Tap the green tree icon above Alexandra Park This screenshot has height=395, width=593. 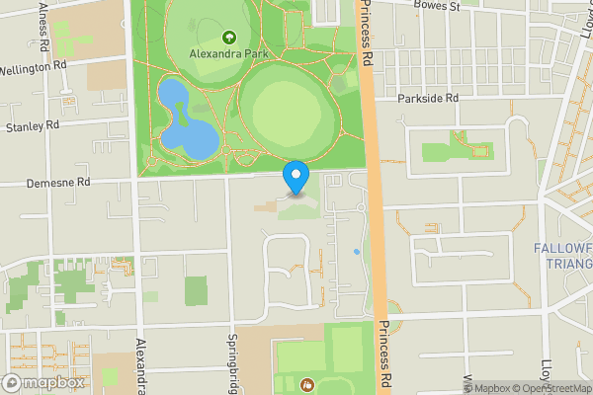pyautogui.click(x=228, y=39)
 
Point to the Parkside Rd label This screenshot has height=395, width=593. pyautogui.click(x=430, y=99)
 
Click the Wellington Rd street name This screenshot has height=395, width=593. pyautogui.click(x=33, y=69)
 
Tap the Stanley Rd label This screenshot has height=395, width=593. pyautogui.click(x=33, y=126)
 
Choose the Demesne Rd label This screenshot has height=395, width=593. pyautogui.click(x=58, y=183)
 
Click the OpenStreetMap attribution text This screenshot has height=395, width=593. pyautogui.click(x=553, y=388)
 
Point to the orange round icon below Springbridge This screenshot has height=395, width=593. pyautogui.click(x=305, y=383)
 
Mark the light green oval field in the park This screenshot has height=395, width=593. pyautogui.click(x=282, y=109)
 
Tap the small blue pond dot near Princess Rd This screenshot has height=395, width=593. pyautogui.click(x=356, y=252)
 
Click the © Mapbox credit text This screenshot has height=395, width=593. pyautogui.click(x=487, y=388)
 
